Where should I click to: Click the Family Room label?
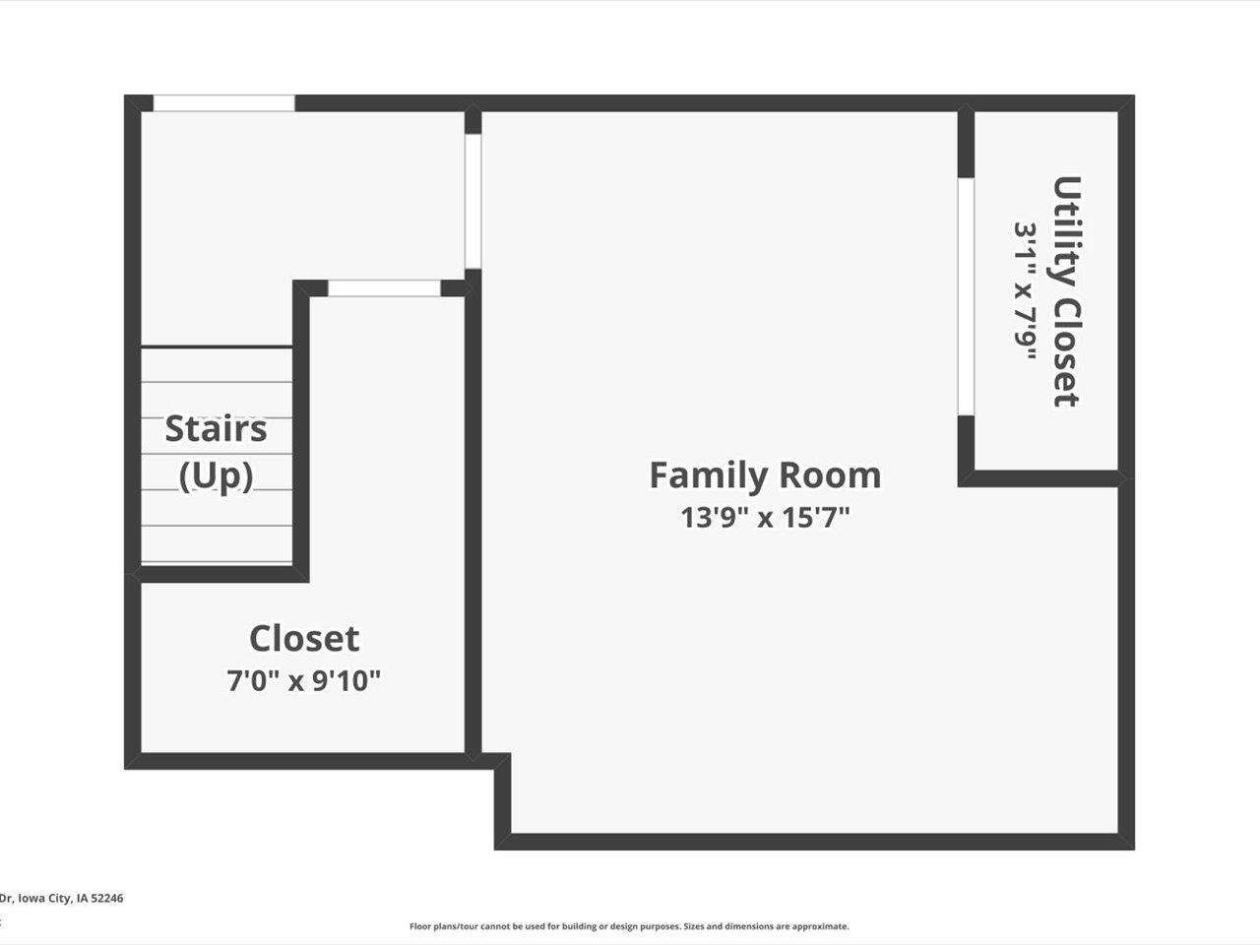(x=764, y=475)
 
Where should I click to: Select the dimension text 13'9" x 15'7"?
(x=764, y=518)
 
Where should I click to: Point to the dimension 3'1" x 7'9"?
(x=1027, y=291)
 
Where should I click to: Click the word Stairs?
(x=216, y=429)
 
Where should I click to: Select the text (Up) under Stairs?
(x=216, y=475)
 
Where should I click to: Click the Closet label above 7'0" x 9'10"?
(x=303, y=639)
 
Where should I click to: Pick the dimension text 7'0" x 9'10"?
(x=303, y=680)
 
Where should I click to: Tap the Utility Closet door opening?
(x=966, y=296)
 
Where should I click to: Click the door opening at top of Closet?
(x=384, y=287)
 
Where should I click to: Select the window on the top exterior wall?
(x=224, y=102)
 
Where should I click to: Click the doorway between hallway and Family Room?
(x=472, y=201)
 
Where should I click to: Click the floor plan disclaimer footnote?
(x=629, y=926)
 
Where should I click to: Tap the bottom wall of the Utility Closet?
(x=1043, y=478)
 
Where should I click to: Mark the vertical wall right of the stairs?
(x=301, y=433)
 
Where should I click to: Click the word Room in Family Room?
(x=830, y=475)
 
